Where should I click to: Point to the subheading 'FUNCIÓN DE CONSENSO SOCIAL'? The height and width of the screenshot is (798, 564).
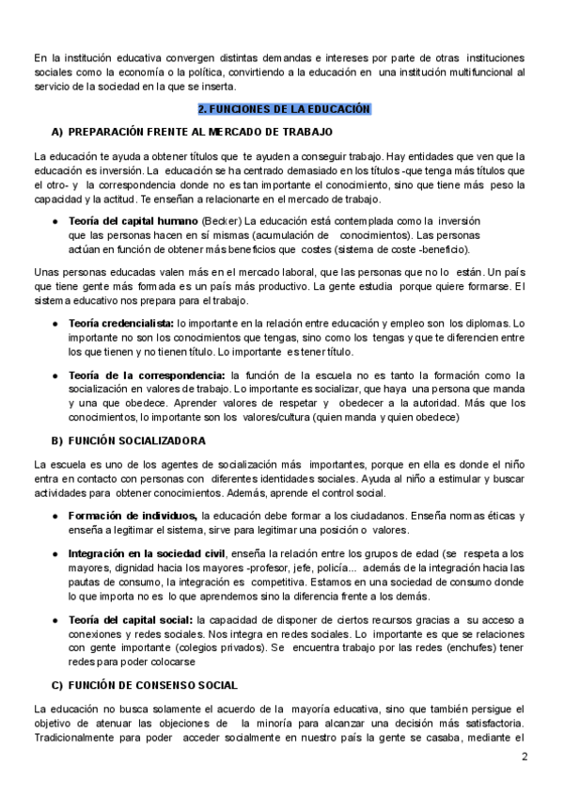click(x=152, y=684)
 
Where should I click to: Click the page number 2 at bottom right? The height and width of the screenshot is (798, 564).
click(x=525, y=757)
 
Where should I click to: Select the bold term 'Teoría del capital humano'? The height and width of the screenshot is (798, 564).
click(x=127, y=220)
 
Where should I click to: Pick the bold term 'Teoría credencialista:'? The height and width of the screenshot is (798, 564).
click(x=122, y=323)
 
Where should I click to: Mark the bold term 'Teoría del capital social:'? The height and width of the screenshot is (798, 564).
click(x=131, y=621)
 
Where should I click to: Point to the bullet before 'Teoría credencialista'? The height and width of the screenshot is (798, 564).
click(x=56, y=323)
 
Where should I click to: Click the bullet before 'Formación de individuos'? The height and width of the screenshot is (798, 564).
click(x=56, y=516)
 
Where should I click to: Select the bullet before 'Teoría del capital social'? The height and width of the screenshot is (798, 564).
click(x=56, y=621)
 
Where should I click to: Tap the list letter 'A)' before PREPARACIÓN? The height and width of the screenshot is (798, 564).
click(x=56, y=131)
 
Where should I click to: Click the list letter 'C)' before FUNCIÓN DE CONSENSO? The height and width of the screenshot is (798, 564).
click(x=56, y=684)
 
